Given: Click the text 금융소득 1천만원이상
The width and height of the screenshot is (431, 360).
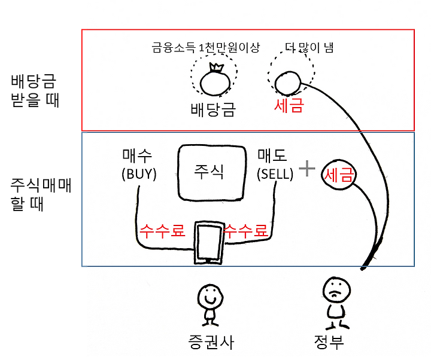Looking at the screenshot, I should click(x=205, y=47).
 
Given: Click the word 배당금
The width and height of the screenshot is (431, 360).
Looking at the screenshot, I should click(x=213, y=109).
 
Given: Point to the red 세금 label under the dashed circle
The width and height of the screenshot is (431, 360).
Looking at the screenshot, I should click(x=289, y=106).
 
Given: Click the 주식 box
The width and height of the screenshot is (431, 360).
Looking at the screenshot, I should click(x=211, y=172).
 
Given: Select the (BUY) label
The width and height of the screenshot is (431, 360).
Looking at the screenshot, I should click(x=138, y=175).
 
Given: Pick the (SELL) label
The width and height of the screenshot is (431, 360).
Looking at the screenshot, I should click(x=275, y=175).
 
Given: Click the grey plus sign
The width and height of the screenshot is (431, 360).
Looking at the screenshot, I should click(x=306, y=169).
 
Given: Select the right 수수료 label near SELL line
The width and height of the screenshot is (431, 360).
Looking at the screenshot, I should click(x=245, y=230).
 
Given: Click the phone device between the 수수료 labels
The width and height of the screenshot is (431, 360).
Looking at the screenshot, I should click(x=209, y=242).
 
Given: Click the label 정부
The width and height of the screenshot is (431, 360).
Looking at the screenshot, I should click(x=329, y=342).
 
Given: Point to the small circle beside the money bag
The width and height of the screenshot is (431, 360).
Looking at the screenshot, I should click(x=287, y=83).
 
